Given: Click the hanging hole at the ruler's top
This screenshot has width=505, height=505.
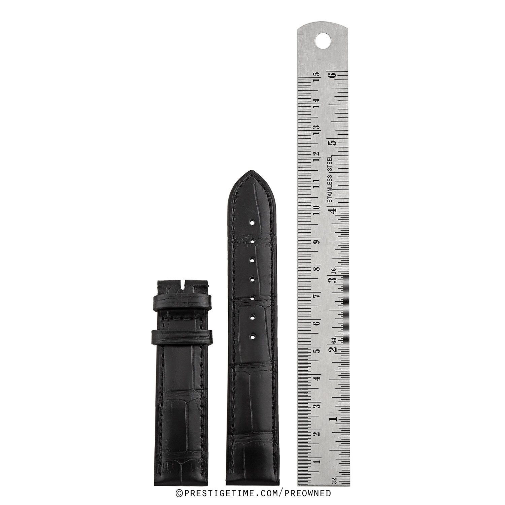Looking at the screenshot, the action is tap(323, 40).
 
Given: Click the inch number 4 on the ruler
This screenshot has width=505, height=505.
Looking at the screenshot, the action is tap(334, 210).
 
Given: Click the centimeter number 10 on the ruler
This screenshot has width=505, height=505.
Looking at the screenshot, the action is tap(316, 210).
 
